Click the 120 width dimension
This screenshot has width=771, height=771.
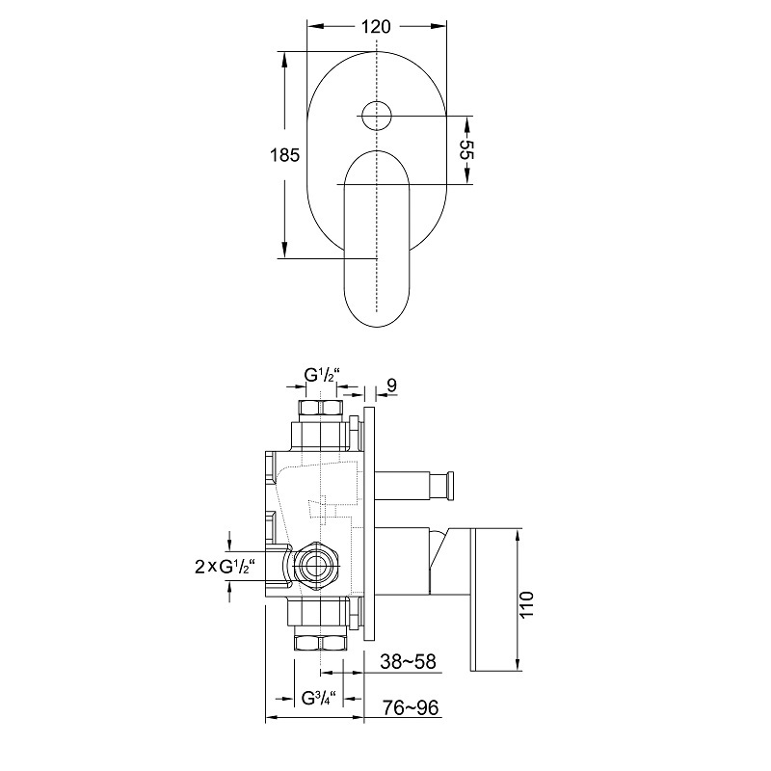click(376, 27)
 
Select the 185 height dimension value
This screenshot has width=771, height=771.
click(284, 155)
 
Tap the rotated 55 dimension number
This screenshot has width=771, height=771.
click(466, 150)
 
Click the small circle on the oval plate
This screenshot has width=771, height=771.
click(376, 116)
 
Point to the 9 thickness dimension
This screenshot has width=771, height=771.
click(391, 385)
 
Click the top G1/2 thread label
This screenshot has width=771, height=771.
click(322, 375)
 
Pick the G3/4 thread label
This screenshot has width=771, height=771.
click(318, 698)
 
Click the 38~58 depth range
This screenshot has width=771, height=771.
click(408, 661)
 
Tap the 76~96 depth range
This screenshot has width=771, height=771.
click(411, 707)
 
